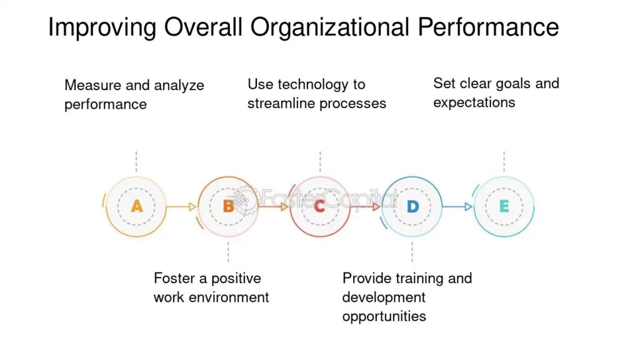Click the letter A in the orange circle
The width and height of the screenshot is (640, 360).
coord(137,206)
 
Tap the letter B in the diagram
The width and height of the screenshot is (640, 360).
coord(229,206)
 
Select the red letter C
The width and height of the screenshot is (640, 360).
coord(319,206)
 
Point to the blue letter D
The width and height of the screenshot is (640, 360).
coord(412,206)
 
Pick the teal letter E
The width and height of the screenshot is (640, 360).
coord(504,206)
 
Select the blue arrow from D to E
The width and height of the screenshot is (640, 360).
coord(457,207)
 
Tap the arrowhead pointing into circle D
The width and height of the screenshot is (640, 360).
coord(376,207)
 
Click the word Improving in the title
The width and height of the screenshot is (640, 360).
coord(102,27)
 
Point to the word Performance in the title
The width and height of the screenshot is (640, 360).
coord(488,27)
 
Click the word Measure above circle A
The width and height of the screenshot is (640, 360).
coord(93,85)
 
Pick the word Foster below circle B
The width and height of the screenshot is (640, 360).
coord(174,278)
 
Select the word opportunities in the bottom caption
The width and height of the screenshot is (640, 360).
coord(384,316)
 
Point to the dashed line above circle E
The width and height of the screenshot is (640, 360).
coord(504,162)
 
